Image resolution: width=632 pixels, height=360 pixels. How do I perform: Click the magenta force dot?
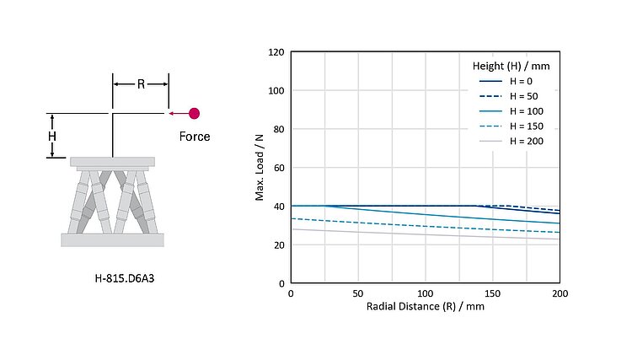point(195,113)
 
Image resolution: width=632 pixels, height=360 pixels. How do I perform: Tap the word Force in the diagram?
point(195,136)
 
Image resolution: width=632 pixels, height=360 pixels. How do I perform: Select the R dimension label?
point(141,83)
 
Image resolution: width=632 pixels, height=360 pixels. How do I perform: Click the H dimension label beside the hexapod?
point(52,136)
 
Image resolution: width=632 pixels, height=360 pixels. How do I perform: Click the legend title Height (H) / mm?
point(511,65)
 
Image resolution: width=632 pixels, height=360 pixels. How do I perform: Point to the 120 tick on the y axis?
point(276,52)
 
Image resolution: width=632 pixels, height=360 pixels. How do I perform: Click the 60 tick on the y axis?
point(278,168)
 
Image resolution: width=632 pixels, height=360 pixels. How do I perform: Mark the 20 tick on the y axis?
point(278,245)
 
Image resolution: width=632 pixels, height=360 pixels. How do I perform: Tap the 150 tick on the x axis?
point(493,293)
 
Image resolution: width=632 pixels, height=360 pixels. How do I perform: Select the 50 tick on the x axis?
point(358,293)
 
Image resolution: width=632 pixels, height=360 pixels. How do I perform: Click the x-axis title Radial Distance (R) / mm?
point(425,306)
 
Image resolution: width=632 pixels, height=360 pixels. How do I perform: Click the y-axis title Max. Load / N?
point(260,167)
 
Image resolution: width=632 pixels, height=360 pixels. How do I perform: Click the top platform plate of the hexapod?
point(112,161)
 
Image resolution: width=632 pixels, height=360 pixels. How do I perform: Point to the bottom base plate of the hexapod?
point(112,240)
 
